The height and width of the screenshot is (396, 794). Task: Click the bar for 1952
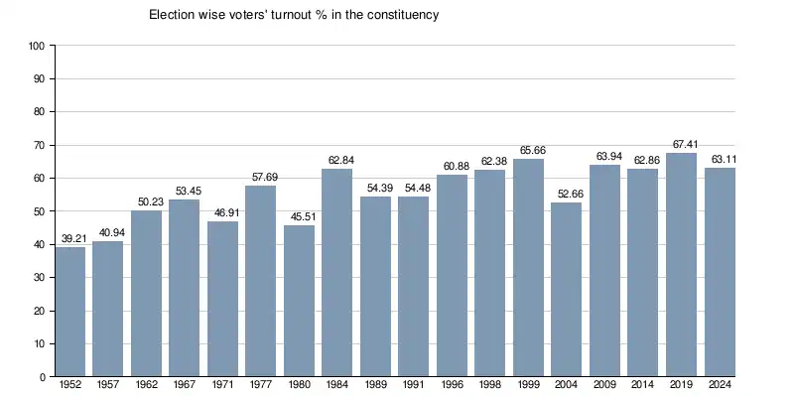tap(70, 312)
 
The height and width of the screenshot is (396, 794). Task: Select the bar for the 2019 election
tap(681, 265)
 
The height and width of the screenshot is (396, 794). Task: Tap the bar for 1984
tap(337, 273)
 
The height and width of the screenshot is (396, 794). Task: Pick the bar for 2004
tap(567, 290)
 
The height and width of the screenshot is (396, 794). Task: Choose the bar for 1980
tap(300, 302)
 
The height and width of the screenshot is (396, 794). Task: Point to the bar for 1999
tap(528, 268)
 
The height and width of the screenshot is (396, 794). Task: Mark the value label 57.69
tap(265, 178)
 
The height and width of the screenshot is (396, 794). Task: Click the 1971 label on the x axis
tap(222, 386)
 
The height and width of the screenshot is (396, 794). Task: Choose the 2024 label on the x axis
tap(720, 386)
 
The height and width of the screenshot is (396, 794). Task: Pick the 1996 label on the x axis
tap(453, 386)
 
